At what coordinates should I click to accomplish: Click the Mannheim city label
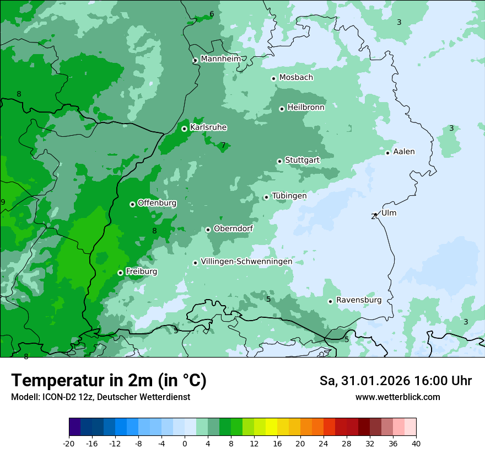[x=220, y=58]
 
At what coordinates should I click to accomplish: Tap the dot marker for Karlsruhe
[x=184, y=129]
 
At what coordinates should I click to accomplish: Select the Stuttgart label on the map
[x=302, y=160]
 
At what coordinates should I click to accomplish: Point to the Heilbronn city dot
[x=282, y=109]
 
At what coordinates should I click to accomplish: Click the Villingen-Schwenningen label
[x=246, y=261]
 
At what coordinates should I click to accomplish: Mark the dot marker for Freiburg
[x=120, y=273]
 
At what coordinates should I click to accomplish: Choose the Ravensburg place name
[x=358, y=300]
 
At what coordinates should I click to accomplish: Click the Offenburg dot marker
[x=132, y=204]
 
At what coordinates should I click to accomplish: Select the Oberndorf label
[x=233, y=228]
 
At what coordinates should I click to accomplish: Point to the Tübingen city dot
[x=266, y=197]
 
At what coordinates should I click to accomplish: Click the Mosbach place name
[x=296, y=77]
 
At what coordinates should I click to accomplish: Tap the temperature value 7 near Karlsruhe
[x=223, y=146]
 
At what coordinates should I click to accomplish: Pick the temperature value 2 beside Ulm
[x=373, y=217]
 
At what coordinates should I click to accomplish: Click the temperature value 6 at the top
[x=212, y=14]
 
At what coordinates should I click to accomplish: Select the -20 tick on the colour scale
[x=69, y=444]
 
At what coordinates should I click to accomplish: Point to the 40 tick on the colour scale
[x=416, y=444]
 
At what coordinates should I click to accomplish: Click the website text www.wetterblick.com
[x=397, y=397]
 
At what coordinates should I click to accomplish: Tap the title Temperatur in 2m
[x=109, y=380]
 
